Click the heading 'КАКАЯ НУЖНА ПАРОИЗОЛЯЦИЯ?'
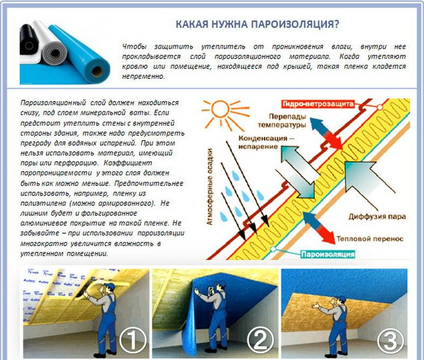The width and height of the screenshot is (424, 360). (x=257, y=24)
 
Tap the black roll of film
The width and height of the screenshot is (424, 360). (x=28, y=40)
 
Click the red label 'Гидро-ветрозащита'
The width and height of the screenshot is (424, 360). (x=318, y=104)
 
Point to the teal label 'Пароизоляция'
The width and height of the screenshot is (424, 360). (x=328, y=254)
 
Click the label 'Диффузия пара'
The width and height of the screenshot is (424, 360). (x=377, y=217)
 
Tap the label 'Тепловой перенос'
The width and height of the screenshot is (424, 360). (x=370, y=239)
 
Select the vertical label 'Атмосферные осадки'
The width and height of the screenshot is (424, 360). (x=209, y=187)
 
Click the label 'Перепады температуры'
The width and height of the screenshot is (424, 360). (x=282, y=121)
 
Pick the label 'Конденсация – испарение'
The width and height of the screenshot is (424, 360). (x=266, y=142)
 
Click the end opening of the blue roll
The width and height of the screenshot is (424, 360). (x=97, y=71)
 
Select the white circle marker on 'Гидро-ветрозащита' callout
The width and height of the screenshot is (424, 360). (x=380, y=107)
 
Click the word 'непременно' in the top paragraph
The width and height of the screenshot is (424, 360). (x=143, y=76)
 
